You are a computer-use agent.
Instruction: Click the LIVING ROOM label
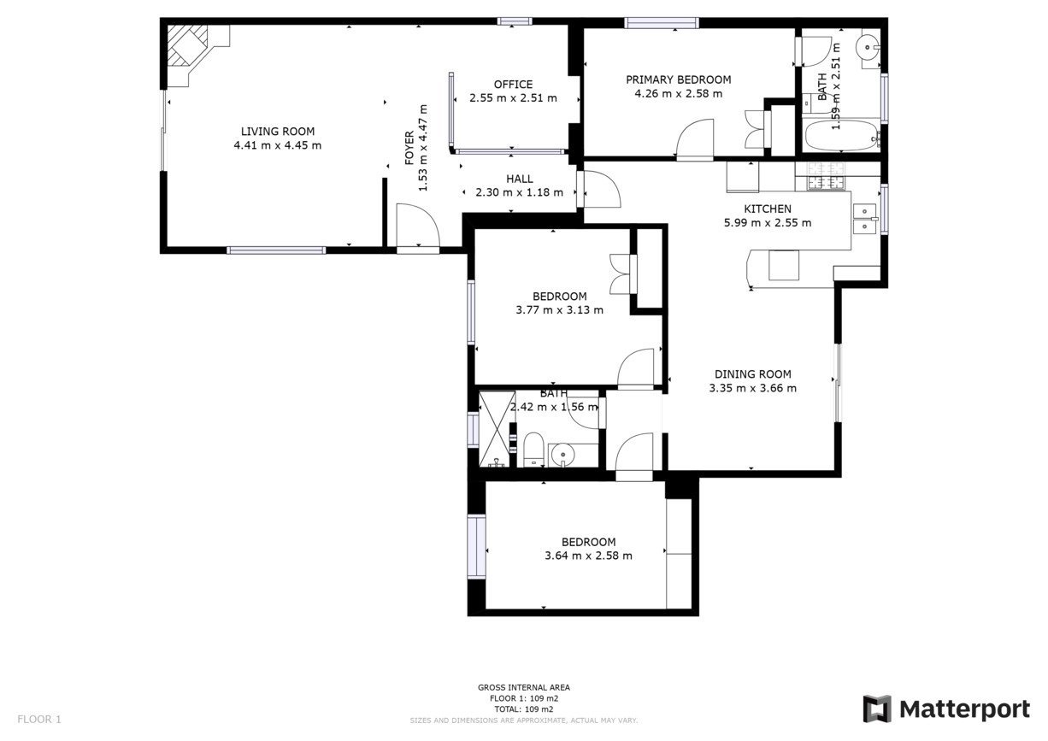277,132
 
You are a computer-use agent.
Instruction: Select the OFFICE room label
513,84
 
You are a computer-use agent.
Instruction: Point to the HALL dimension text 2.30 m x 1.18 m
519,192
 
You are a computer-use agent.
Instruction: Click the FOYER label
409,148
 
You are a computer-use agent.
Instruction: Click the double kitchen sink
865,218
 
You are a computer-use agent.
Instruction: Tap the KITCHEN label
767,209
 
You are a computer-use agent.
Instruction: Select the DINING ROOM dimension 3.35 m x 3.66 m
752,388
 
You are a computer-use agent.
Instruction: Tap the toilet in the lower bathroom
533,450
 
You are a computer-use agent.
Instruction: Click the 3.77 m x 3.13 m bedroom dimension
559,310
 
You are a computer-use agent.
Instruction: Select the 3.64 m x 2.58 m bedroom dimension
588,556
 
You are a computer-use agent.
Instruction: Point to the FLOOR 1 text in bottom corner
39,720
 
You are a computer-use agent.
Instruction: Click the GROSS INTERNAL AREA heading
523,687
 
